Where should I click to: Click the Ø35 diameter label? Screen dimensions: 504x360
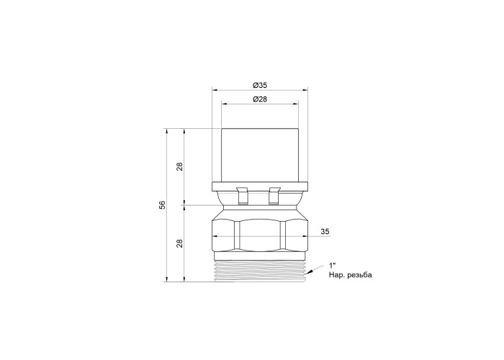pos(260,85)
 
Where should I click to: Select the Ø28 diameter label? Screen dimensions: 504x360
pos(260,99)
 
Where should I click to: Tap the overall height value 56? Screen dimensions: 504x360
pos(163,204)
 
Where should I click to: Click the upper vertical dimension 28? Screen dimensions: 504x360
pos(180,166)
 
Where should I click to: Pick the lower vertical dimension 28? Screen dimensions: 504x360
pos(180,243)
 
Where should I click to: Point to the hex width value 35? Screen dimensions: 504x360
pos(325,231)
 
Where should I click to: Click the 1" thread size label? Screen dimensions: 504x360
pos(332,266)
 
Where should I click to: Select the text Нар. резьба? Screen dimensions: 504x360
pos(350,275)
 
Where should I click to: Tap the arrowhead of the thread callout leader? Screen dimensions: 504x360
pos(309,273)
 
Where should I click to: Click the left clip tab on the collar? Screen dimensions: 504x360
pos(243,195)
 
